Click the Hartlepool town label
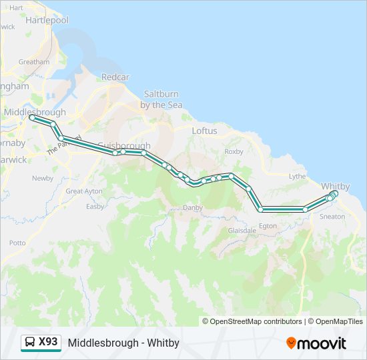coord(47,20)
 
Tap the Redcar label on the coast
coord(115,77)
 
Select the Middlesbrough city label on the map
coord(35,113)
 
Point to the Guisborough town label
coord(124,145)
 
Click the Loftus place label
coord(204,131)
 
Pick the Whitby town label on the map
coord(335,185)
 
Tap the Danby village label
coord(192,208)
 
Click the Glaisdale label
coord(242,231)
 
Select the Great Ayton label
coord(84,191)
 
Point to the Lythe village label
coord(298,177)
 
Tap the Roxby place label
coord(234,152)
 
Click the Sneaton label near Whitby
coord(332,217)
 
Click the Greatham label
coord(34,62)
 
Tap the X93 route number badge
coord(48,342)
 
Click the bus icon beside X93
coord(30,343)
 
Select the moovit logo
coord(316,343)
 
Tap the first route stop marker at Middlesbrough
coord(31,117)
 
